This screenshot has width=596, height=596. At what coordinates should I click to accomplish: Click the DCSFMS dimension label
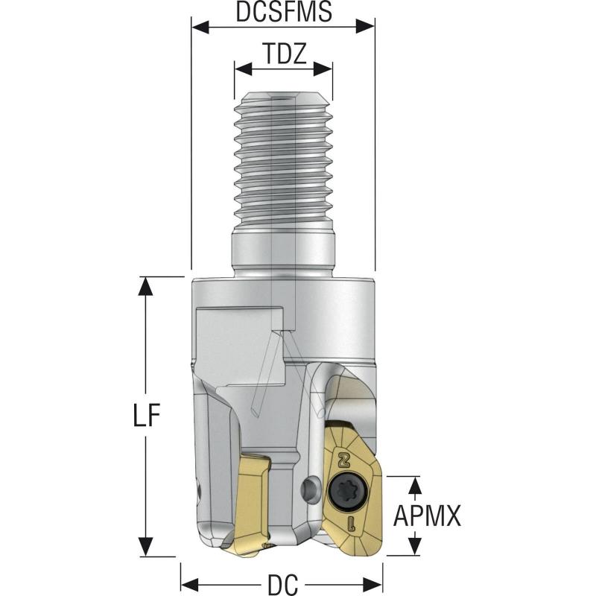tap(283, 12)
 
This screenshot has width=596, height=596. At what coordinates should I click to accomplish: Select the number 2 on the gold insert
tap(344, 458)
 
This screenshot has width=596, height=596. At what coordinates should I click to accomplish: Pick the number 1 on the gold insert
tap(350, 522)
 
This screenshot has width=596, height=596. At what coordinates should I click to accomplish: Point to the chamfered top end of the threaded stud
tap(283, 95)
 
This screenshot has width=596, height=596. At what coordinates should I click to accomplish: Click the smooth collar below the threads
tap(283, 253)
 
